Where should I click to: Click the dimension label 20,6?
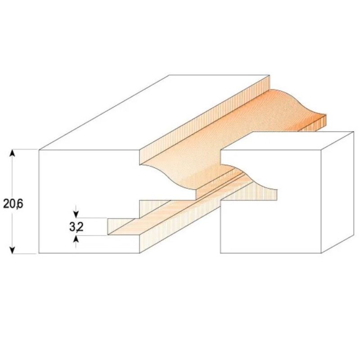click(13, 204)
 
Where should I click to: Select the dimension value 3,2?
click(76, 227)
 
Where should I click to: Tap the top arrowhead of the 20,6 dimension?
click(13, 153)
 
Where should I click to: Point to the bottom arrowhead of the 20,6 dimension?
click(13, 250)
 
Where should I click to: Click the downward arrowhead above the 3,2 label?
click(76, 215)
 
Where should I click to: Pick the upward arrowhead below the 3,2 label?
click(76, 239)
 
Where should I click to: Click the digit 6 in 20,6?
click(20, 204)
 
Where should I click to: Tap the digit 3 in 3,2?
click(73, 227)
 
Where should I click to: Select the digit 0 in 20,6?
click(12, 204)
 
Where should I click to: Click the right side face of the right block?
click(337, 193)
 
